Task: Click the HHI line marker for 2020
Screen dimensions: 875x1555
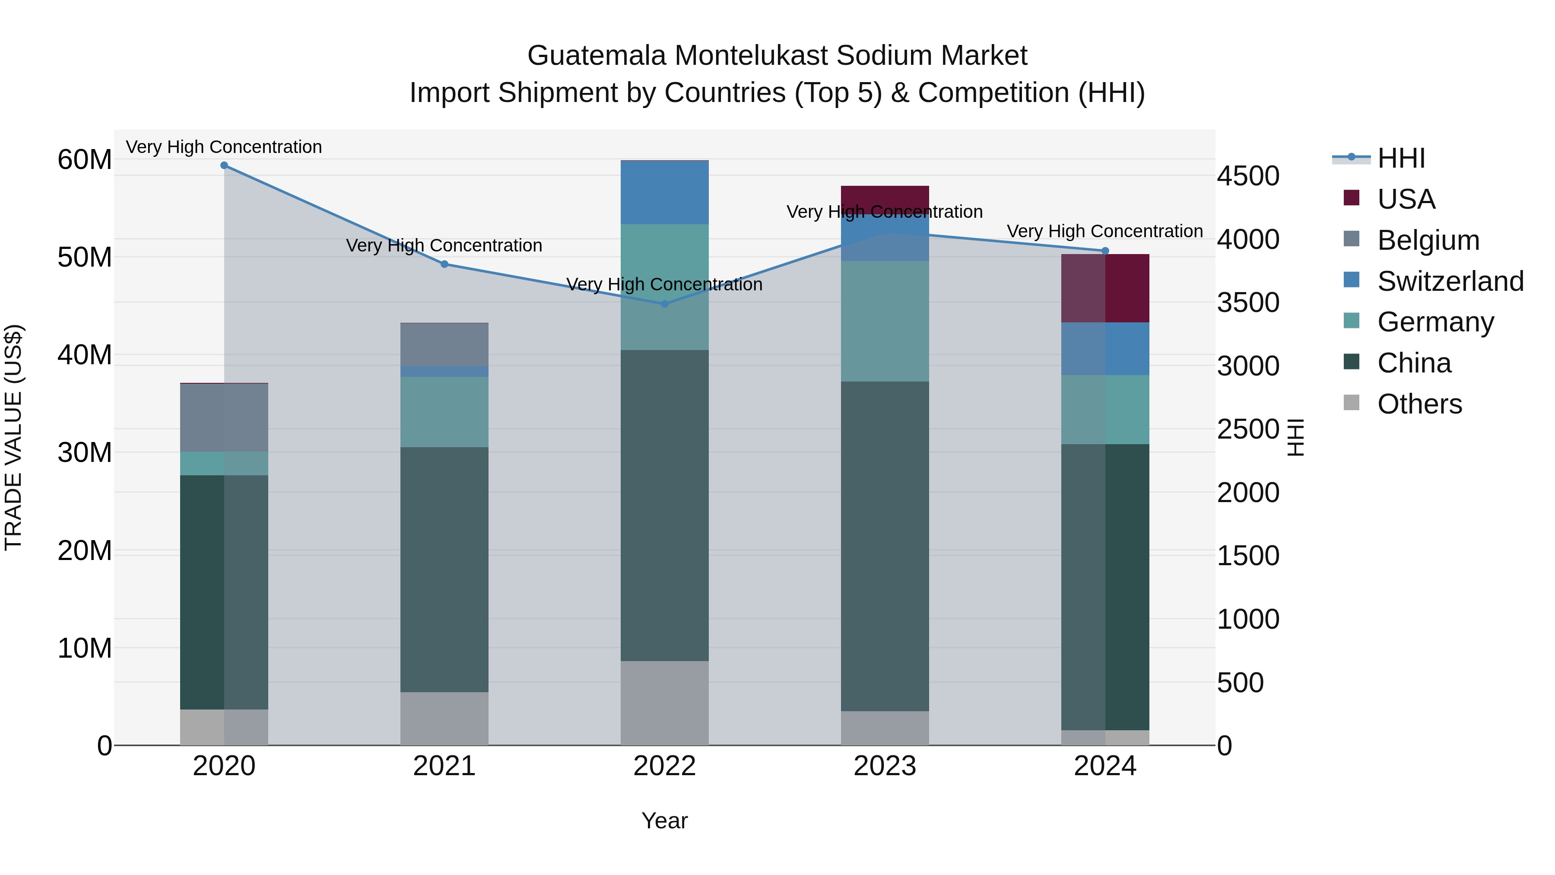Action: click(224, 165)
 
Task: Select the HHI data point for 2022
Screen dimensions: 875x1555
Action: click(665, 304)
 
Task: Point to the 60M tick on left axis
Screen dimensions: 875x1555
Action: click(85, 160)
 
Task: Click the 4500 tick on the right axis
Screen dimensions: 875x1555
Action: click(1247, 176)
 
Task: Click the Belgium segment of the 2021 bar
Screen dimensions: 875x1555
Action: click(444, 344)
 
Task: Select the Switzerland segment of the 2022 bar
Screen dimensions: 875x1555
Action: click(665, 193)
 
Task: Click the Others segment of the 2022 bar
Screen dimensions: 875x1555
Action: click(665, 703)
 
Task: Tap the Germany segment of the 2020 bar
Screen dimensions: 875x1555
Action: click(224, 463)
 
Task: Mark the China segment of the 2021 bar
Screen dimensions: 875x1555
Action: click(444, 570)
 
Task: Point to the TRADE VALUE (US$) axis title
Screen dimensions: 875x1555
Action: click(14, 437)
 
